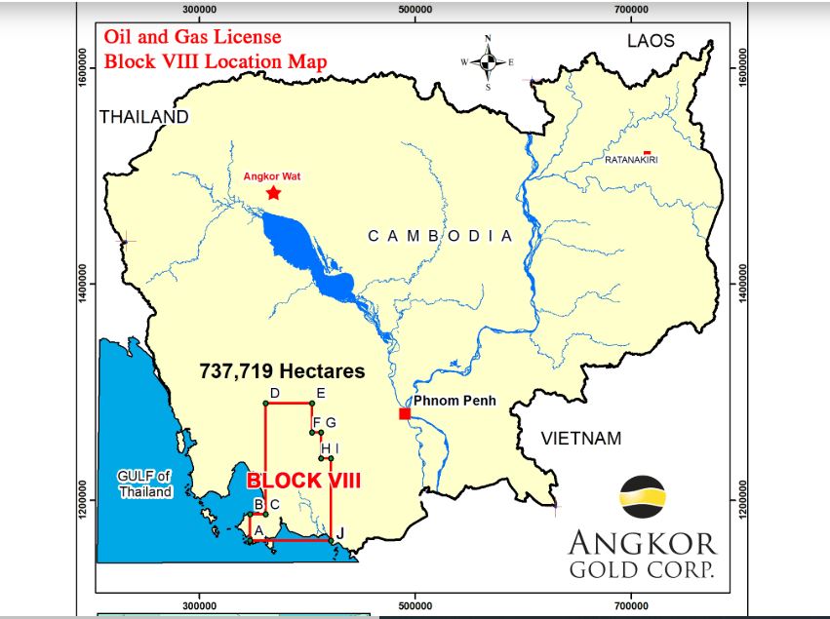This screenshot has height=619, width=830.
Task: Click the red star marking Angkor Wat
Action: pos(273,193)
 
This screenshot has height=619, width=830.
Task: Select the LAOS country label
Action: pos(651,41)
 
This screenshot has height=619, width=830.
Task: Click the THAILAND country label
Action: pos(143,117)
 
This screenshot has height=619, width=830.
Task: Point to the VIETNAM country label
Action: pos(581,439)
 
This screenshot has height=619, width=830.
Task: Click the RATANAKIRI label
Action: pos(631,159)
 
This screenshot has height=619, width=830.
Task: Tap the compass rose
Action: pos(488,61)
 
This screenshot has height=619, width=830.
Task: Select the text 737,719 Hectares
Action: pos(282,371)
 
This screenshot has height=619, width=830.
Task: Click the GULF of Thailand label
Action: pos(145,484)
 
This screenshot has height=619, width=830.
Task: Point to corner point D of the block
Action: pos(265,403)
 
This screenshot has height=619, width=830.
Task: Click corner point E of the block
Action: pos(311,403)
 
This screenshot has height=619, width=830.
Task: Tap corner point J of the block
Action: pos(332,540)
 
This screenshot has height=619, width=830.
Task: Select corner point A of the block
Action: pos(251,540)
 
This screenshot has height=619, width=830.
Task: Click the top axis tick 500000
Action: pos(415,9)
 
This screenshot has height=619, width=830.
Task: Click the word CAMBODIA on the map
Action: pos(439,236)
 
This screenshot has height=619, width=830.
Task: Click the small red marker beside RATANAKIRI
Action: pos(648,152)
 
